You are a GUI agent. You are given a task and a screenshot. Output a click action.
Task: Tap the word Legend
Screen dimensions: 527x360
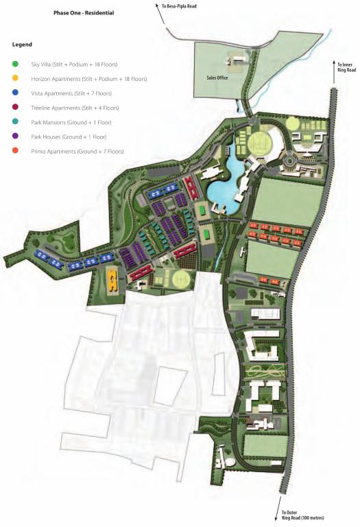coord(22,45)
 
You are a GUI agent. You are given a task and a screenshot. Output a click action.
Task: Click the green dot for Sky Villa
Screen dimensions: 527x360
coord(15,65)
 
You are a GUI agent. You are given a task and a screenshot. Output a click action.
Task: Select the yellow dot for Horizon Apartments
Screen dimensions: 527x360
coord(15,79)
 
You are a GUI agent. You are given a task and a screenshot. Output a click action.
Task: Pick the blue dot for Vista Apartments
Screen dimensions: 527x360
coord(15,93)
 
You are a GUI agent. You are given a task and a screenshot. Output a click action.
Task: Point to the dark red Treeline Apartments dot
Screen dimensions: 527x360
coord(15,108)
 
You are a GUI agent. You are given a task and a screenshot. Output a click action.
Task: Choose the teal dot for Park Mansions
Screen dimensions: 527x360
coord(15,122)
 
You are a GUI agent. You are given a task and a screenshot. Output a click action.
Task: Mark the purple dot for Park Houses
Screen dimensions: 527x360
coord(15,137)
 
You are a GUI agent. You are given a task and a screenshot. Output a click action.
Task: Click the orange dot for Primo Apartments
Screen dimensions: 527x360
coord(15,151)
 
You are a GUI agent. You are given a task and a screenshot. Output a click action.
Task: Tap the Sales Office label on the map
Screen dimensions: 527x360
coord(217,78)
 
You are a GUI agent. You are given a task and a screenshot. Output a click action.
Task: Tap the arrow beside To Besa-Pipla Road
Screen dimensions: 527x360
coord(161,6)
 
